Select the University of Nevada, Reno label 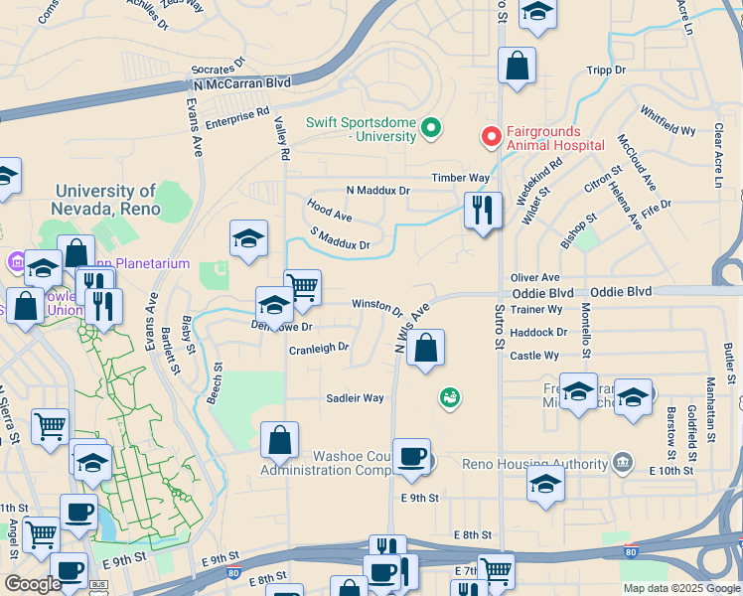tap(105, 200)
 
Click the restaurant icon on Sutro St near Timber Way tap(483, 210)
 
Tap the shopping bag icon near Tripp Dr tap(517, 67)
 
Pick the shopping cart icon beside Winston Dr tap(302, 288)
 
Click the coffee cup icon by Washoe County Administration tap(411, 457)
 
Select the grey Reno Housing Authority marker tap(622, 462)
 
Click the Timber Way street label tap(460, 178)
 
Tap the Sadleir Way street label tap(356, 398)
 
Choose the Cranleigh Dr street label tap(319, 349)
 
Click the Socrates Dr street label tap(218, 68)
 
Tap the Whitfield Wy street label tap(668, 121)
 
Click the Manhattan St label tap(711, 410)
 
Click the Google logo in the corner tap(33, 584)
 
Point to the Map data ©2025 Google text tap(680, 588)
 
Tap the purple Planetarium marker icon tap(17, 263)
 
